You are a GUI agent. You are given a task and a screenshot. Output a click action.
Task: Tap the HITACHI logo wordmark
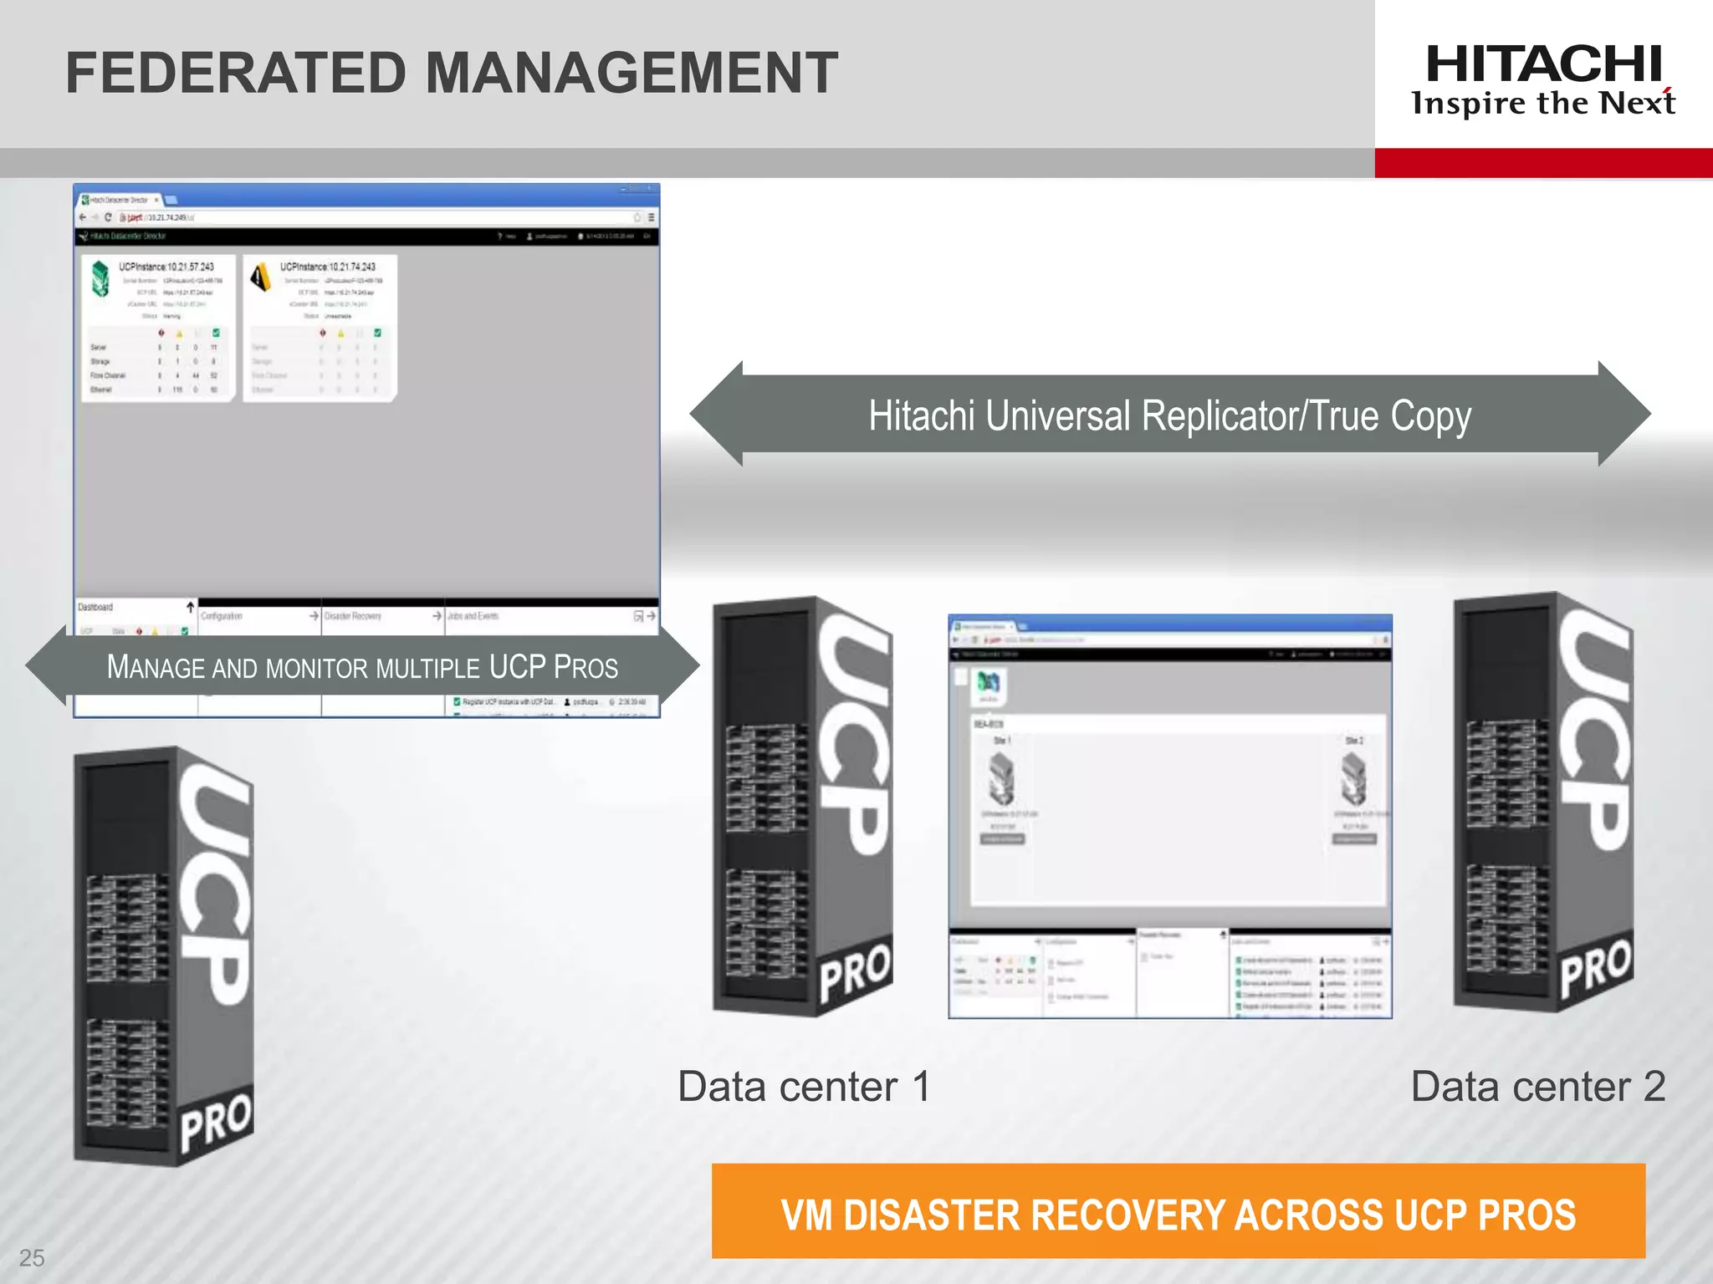[x=1543, y=64]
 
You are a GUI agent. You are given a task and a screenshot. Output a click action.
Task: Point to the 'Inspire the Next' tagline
[x=1542, y=104]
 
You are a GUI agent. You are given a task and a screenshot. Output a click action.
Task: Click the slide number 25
[x=32, y=1257]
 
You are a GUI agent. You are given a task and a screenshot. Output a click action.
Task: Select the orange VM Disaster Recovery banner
[x=1178, y=1212]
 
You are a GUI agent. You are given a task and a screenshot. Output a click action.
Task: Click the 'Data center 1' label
[x=803, y=1087]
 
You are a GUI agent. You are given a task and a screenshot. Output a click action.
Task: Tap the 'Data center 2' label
[x=1537, y=1087]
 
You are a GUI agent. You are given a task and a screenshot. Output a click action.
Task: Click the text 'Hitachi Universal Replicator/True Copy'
[x=1169, y=415]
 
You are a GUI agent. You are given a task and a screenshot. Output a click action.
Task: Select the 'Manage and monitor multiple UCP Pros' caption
[x=362, y=667]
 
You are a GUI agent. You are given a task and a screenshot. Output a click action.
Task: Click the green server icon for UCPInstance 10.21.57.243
[x=100, y=278]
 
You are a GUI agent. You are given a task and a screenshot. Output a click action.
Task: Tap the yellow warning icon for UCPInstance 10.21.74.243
[x=261, y=277]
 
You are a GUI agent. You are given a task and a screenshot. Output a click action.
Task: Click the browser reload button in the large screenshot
[x=108, y=217]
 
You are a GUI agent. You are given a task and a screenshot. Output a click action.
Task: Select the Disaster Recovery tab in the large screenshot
[x=353, y=616]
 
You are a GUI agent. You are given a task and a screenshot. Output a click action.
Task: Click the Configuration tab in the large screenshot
[x=222, y=616]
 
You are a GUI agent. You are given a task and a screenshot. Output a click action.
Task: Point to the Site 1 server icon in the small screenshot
[x=1001, y=777]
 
